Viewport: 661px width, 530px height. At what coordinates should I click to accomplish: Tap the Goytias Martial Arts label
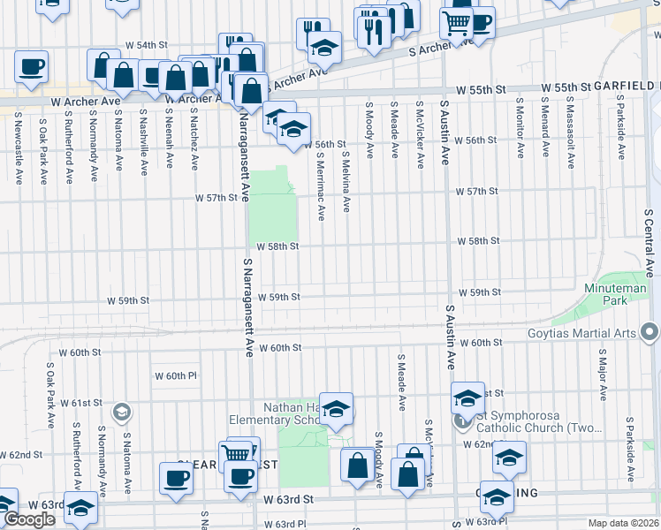click(x=593, y=332)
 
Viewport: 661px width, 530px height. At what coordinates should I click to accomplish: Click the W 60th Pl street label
click(x=176, y=375)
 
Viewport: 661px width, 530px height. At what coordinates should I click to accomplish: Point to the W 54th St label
click(x=147, y=44)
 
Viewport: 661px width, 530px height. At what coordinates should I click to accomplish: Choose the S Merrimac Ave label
click(x=321, y=182)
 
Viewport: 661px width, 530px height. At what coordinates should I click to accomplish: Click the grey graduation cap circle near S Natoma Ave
click(x=121, y=412)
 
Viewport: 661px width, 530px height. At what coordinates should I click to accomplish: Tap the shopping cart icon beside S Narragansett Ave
click(x=235, y=453)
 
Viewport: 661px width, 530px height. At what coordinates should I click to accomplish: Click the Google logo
click(x=29, y=519)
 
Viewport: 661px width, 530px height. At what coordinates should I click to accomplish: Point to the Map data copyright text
click(x=622, y=523)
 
